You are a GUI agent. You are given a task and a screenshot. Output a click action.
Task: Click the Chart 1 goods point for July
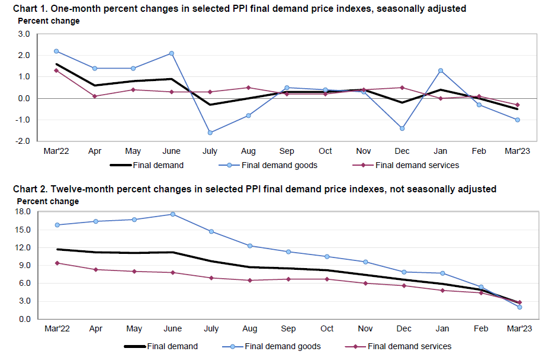[210, 133]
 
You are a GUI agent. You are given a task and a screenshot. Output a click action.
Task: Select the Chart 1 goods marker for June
[172, 53]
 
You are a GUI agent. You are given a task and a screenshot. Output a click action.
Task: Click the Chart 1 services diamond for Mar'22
[56, 70]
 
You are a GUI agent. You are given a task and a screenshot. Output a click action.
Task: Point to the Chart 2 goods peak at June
[172, 214]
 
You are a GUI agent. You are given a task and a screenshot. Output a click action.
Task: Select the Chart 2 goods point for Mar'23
[519, 307]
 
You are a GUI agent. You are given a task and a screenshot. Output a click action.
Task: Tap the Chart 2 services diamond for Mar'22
[56, 263]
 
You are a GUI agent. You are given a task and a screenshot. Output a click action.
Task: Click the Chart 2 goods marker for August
[250, 246]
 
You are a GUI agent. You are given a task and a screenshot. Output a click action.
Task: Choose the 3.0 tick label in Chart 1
[24, 34]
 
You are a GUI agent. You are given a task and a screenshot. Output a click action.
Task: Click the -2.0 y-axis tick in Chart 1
[23, 141]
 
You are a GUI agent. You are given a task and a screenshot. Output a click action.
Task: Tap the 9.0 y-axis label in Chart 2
[25, 266]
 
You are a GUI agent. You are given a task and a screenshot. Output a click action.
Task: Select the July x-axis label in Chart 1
[210, 151]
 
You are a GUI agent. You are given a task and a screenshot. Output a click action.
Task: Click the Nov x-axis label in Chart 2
[365, 328]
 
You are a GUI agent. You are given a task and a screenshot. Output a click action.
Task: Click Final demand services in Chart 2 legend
[409, 346]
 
